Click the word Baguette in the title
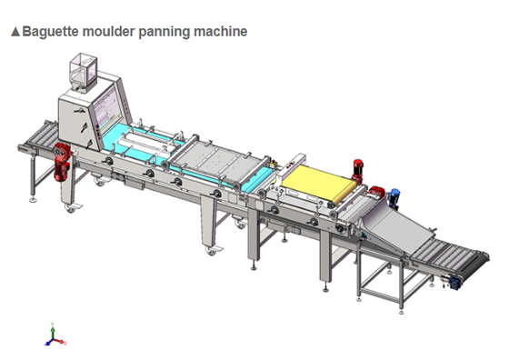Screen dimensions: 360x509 [48, 32]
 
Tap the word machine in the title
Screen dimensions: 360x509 [218, 32]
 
